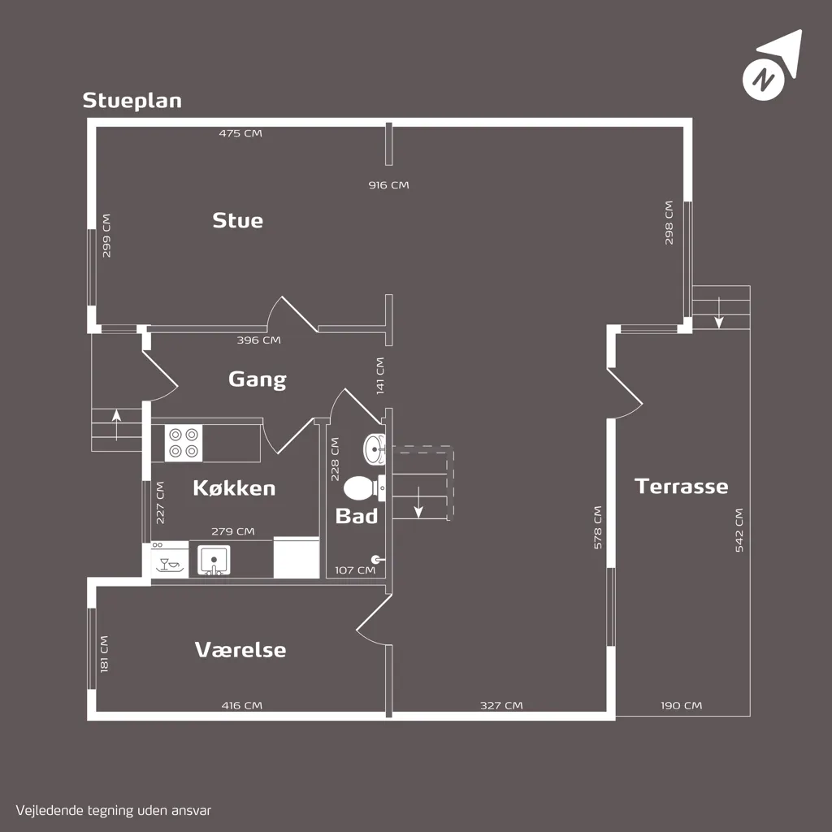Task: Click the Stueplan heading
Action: pyautogui.click(x=132, y=101)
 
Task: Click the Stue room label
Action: pyautogui.click(x=238, y=220)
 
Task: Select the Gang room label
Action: pyautogui.click(x=258, y=380)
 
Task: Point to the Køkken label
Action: pyautogui.click(x=234, y=487)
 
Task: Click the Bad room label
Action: pyautogui.click(x=357, y=516)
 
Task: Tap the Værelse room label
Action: pyautogui.click(x=240, y=649)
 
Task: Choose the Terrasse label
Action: pyautogui.click(x=682, y=486)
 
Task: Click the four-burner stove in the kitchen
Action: pyautogui.click(x=184, y=443)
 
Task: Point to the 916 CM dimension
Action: pyautogui.click(x=389, y=185)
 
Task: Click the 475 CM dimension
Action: pyautogui.click(x=240, y=133)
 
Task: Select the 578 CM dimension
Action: pyautogui.click(x=597, y=527)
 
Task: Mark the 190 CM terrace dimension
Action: pyautogui.click(x=682, y=706)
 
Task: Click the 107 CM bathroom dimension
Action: pyautogui.click(x=355, y=570)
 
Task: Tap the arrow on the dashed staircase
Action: pyautogui.click(x=418, y=502)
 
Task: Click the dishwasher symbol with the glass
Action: pyautogui.click(x=169, y=560)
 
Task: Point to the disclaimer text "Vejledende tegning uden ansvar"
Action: pyautogui.click(x=114, y=811)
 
